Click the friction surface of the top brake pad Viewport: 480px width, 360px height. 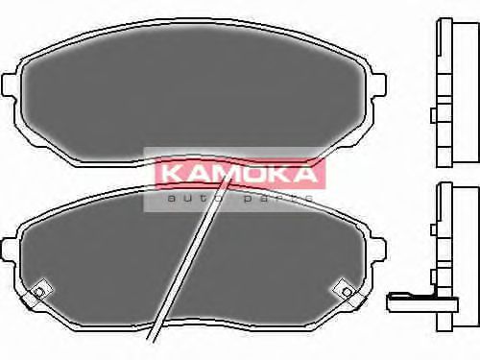coord(192,91)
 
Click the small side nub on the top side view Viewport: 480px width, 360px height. coord(435,116)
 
